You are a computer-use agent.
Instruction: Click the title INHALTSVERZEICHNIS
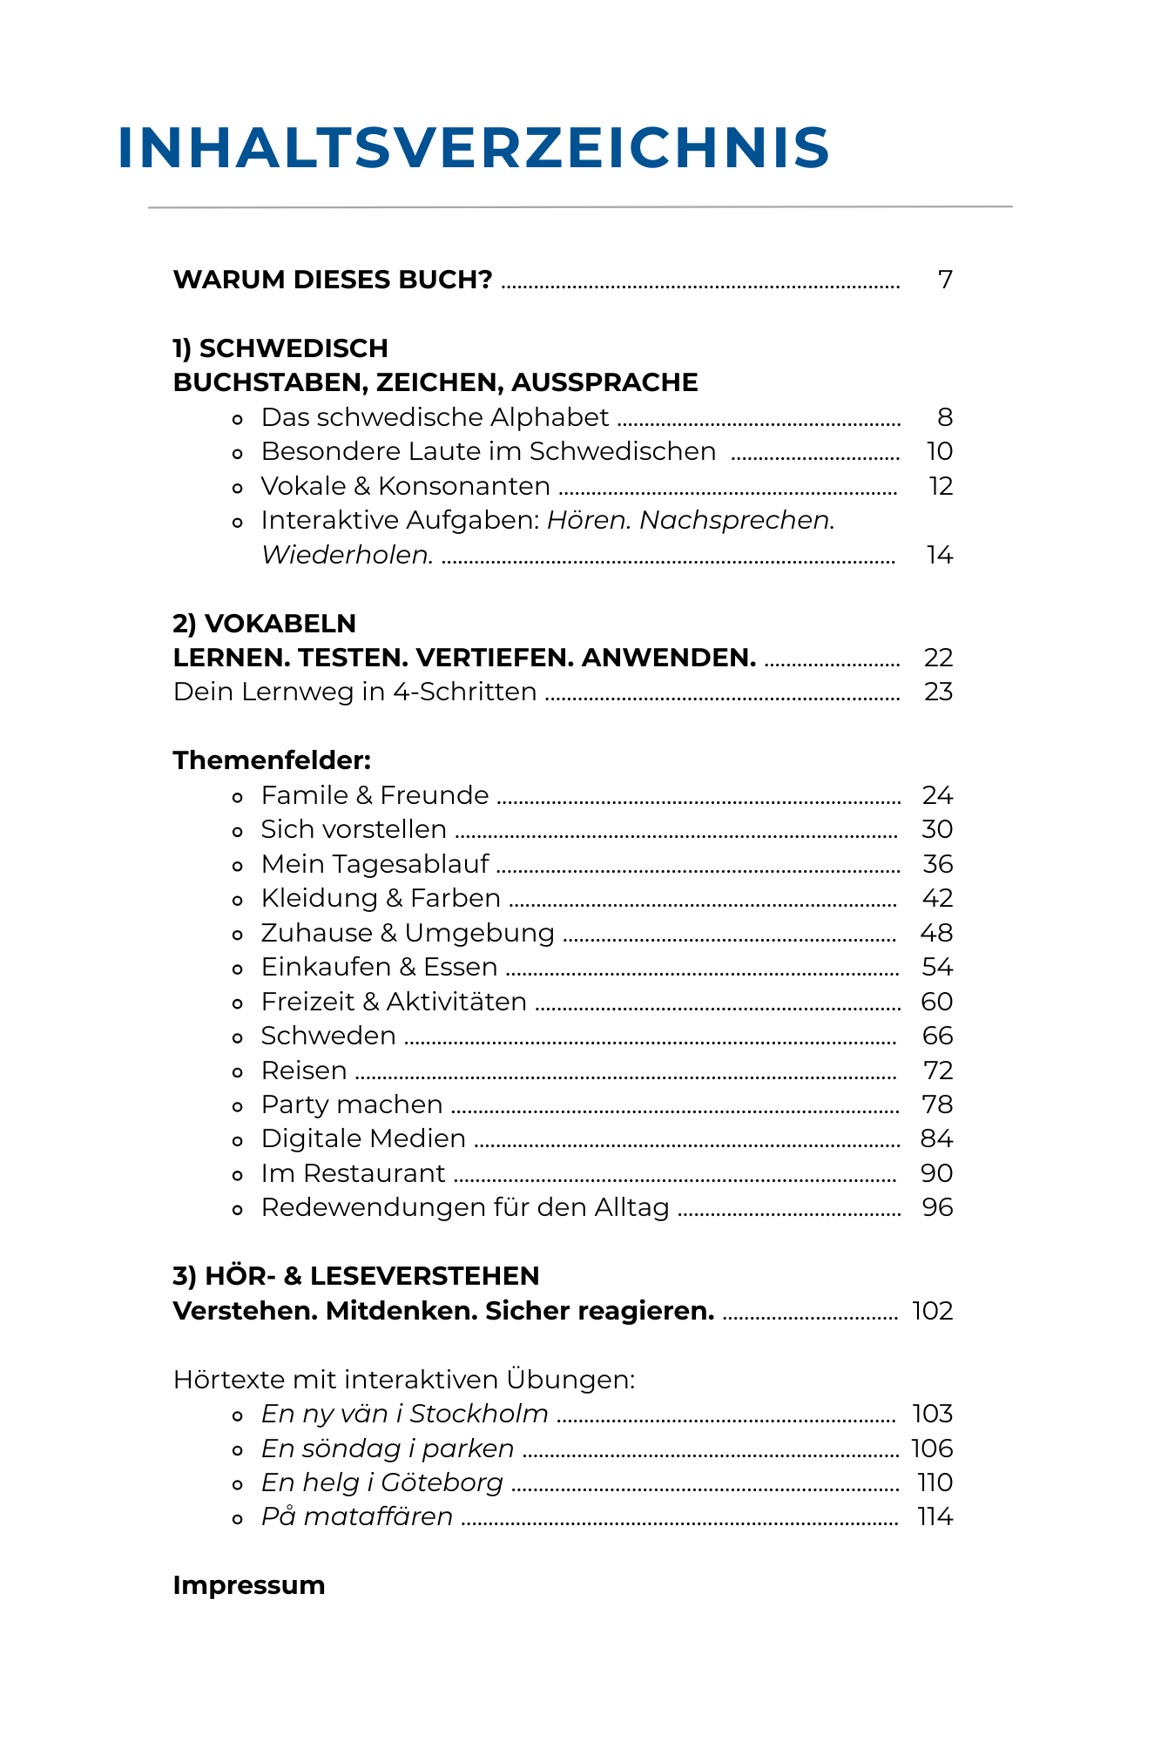click(473, 147)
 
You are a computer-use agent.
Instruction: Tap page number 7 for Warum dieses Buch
click(945, 280)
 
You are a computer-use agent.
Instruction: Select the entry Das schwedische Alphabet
click(435, 417)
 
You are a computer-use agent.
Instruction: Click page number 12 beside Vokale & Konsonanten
click(941, 486)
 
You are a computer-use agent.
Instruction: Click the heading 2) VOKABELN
click(265, 624)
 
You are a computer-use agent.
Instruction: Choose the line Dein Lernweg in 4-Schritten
click(354, 692)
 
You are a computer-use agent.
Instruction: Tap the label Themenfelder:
click(272, 760)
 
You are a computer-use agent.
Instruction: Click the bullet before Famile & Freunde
click(238, 797)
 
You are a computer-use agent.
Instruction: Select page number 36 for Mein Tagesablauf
click(937, 864)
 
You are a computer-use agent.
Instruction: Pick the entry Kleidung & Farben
click(381, 898)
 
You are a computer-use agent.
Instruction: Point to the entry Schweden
click(328, 1036)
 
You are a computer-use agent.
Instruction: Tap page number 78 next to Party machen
click(937, 1104)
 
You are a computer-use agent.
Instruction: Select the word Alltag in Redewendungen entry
click(631, 1207)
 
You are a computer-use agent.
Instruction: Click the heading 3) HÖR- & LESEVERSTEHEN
click(356, 1276)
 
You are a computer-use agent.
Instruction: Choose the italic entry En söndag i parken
click(388, 1448)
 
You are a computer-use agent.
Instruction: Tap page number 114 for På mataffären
click(935, 1516)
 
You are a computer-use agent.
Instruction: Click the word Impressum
click(249, 1585)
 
